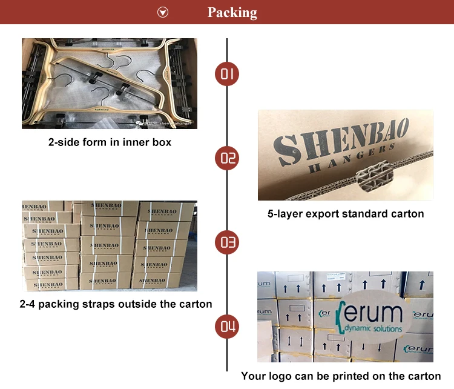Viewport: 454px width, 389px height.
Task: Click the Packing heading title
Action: pos(232,13)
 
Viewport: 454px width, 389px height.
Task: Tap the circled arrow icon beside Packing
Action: pos(163,12)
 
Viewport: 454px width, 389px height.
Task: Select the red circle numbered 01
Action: pos(227,75)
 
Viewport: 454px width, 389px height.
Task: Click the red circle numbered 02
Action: pos(227,159)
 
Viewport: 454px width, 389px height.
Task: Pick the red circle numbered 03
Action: pos(227,243)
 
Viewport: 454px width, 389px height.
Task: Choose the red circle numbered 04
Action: pos(227,327)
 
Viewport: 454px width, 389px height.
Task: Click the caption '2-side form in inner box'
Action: pos(110,142)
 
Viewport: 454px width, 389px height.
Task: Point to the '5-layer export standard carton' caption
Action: pos(346,213)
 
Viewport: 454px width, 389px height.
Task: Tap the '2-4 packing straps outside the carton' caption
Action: pos(116,304)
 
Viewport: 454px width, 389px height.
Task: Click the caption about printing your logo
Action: pos(341,376)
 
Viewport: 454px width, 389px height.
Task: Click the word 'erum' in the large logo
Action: pos(373,314)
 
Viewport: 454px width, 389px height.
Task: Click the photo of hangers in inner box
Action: pos(110,83)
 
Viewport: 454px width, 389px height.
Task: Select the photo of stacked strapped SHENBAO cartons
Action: pos(110,245)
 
